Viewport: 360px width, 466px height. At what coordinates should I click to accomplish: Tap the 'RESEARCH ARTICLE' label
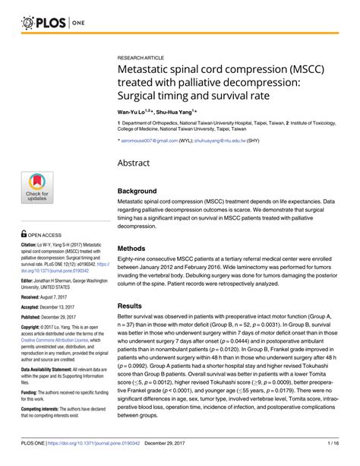pos(146,58)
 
